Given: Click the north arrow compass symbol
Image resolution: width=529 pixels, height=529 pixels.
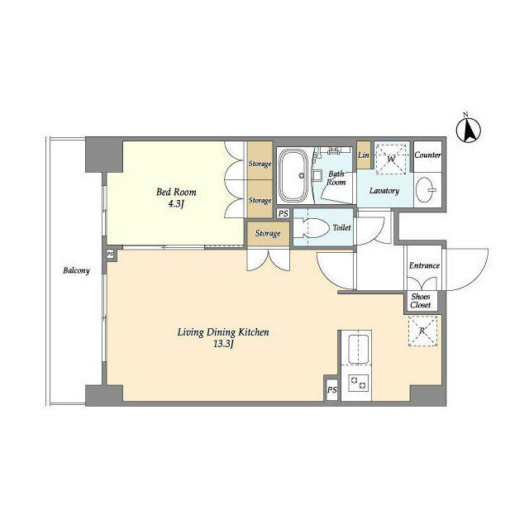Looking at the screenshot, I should pos(469,130).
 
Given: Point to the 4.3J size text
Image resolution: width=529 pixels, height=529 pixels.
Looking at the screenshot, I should pos(177,205).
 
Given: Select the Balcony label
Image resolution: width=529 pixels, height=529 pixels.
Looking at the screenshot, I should pos(75,270).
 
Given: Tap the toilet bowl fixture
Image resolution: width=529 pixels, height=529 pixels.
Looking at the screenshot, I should pos(308,228).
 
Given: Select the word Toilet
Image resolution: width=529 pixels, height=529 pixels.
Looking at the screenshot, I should pos(341,228).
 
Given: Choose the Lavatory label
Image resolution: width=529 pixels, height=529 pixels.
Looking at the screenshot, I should pos(384,191).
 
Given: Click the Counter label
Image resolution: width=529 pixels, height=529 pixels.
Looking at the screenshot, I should pos(427,155).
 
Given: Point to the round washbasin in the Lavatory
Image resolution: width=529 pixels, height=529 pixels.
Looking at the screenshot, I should pos(427,188).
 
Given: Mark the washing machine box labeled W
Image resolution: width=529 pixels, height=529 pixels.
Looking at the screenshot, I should pos(391,158).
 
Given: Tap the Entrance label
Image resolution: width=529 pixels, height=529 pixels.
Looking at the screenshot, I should pos(424,265).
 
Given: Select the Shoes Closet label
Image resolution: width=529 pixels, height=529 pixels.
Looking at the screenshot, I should pos(421,301).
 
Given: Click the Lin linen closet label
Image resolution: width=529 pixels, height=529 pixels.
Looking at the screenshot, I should pos(364,155).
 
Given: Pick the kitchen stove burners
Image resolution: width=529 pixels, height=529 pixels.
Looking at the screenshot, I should pos(359,384).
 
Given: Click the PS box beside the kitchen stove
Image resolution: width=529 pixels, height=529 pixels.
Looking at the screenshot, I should pos(331,390).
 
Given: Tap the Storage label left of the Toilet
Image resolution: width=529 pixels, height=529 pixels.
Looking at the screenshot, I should pos(267,234).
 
